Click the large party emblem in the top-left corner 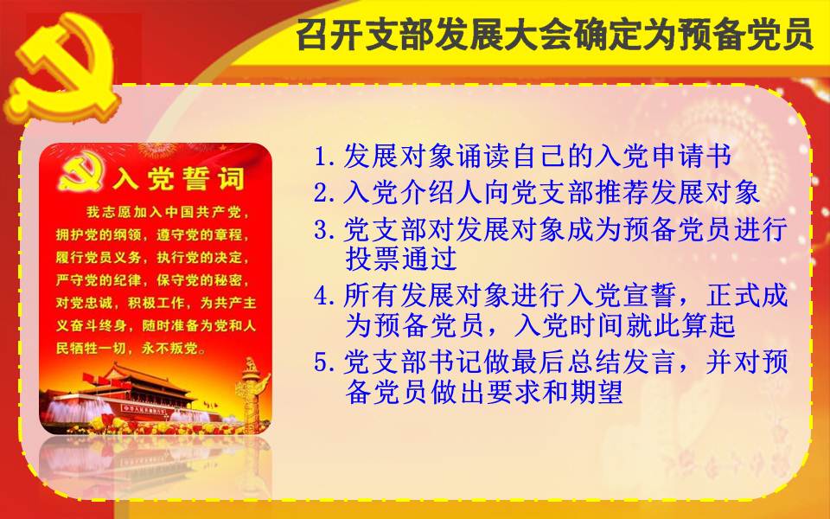click(63, 67)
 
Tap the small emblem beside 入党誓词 click(81, 172)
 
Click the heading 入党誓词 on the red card click(179, 178)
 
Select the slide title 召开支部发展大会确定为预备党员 click(554, 34)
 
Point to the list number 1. click(322, 157)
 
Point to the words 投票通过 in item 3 click(400, 259)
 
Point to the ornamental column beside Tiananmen click(251, 393)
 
